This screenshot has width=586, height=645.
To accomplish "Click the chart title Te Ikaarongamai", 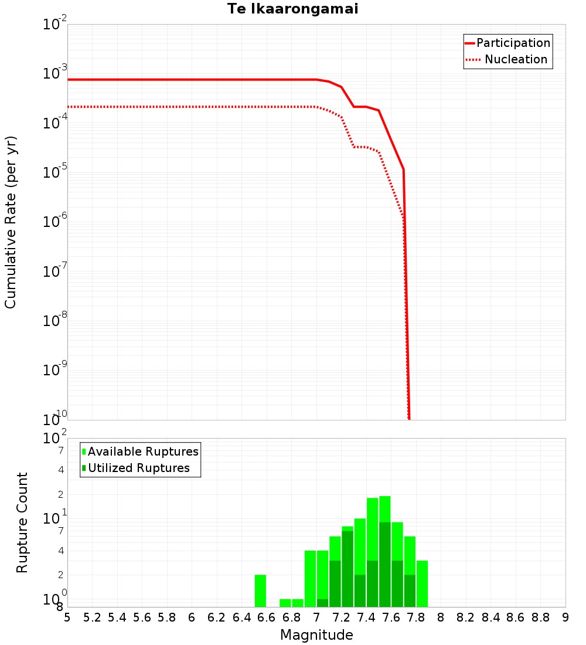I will (292, 9).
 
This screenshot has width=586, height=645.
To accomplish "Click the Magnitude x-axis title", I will (316, 635).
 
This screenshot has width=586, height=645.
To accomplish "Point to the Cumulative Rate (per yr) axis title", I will (11, 222).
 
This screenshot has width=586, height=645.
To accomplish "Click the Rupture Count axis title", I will (22, 522).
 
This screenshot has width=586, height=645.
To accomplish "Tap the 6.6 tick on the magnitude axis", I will (267, 617).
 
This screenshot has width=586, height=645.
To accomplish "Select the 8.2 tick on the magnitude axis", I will (466, 617).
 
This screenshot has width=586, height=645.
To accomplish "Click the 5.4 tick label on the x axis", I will (117, 617).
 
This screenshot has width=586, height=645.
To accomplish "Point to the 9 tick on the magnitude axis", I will (565, 617).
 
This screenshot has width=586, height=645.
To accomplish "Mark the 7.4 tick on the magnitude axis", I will (366, 617).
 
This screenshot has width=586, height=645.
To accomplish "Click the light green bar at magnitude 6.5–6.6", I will (260, 590).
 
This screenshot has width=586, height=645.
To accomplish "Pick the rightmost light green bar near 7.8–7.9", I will (422, 583).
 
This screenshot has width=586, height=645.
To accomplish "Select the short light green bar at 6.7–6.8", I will (285, 603).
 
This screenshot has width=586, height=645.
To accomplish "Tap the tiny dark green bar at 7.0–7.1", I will (322, 603).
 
